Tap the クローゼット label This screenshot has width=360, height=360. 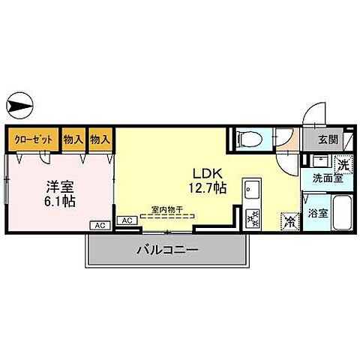tap(33, 139)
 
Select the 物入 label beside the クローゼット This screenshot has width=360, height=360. tap(73, 139)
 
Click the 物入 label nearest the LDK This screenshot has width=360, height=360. tap(100, 139)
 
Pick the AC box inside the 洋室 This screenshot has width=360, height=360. tap(99, 224)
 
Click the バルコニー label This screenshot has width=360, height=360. tap(167, 249)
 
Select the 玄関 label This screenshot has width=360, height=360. tap(327, 139)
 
